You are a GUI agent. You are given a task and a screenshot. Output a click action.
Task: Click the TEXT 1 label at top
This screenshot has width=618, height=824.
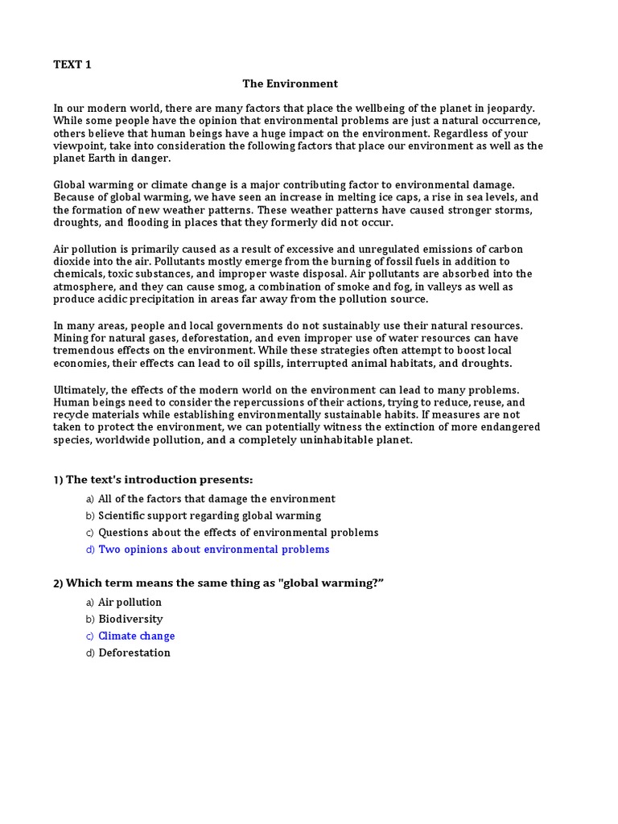[x=72, y=65]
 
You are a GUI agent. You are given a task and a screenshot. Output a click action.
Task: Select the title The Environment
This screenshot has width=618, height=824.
[x=290, y=84]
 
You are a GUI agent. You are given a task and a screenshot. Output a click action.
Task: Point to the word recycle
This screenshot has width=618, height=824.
[x=73, y=415]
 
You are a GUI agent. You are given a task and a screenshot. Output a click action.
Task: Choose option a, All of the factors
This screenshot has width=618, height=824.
[x=216, y=499]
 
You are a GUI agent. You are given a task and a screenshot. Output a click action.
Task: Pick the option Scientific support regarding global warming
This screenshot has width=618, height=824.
[x=209, y=516]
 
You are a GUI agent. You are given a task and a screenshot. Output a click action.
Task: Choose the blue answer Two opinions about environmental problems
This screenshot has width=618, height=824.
[x=213, y=550]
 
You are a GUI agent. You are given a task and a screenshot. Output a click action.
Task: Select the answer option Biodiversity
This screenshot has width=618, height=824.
[x=130, y=619]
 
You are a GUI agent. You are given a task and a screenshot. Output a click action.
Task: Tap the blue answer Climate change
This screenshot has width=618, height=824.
[x=136, y=636]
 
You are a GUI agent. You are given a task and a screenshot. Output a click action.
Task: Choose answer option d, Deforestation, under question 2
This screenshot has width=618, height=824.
[x=134, y=653]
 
